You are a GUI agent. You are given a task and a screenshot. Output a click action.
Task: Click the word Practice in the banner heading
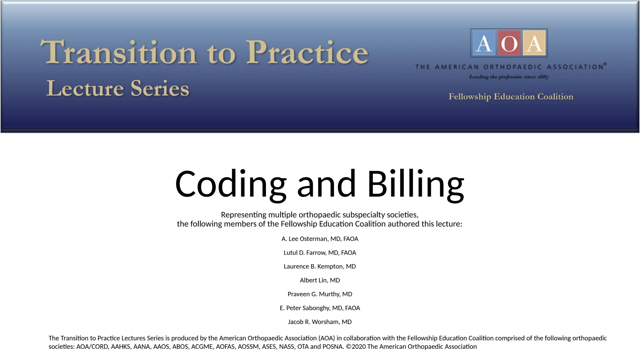pos(307,52)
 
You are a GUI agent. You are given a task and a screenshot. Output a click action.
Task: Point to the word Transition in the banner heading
pos(119,52)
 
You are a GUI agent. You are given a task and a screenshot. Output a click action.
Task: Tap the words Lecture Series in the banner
pos(118,88)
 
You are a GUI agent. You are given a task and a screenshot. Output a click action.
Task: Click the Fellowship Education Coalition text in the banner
pos(511,97)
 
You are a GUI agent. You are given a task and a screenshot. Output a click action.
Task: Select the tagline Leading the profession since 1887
pos(509,77)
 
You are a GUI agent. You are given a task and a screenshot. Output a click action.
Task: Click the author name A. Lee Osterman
pos(320,239)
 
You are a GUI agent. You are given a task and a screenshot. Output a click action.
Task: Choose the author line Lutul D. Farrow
pos(320,252)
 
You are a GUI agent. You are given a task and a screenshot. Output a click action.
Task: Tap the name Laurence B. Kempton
pos(320,266)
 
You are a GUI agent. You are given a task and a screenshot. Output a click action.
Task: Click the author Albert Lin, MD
pos(320,280)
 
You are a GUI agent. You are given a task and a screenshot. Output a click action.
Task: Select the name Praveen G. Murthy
pos(320,294)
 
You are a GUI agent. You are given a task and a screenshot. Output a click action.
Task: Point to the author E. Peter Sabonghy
pos(320,308)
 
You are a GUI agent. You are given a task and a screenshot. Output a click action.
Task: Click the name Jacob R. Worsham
pos(320,322)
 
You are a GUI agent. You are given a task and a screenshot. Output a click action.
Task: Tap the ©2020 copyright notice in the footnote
pos(411,347)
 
